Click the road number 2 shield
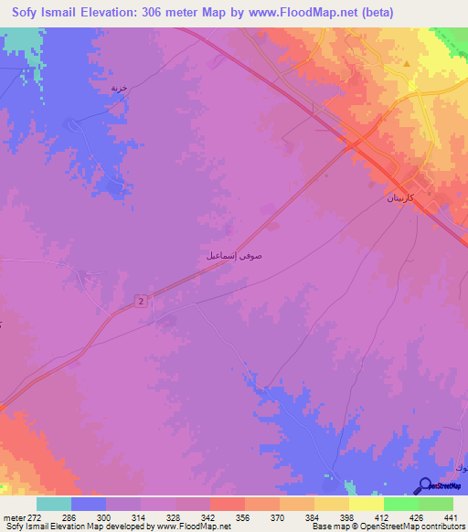(x=143, y=301)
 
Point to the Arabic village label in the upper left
(x=118, y=88)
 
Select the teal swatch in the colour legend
(x=54, y=504)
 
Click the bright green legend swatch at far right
(x=436, y=504)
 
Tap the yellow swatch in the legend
(x=366, y=504)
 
